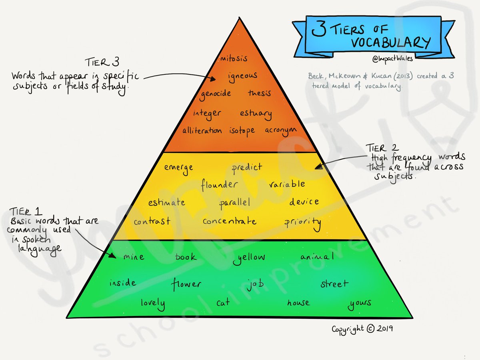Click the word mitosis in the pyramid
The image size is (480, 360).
coord(234,58)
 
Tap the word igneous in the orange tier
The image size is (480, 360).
coord(242,76)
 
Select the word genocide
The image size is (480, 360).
coord(216,94)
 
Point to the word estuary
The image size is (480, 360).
coord(256,114)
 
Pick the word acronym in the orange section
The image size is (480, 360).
coord(282,131)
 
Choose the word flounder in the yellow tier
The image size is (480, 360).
coord(219,185)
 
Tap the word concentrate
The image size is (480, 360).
coord(229,221)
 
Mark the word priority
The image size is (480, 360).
coord(303,222)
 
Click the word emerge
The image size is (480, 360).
coord(178,168)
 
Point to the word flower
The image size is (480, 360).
coord(186,284)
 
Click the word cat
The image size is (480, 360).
coord(223,303)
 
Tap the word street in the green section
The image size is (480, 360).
coord(334,284)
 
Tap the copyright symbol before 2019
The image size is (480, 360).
coord(370,328)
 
